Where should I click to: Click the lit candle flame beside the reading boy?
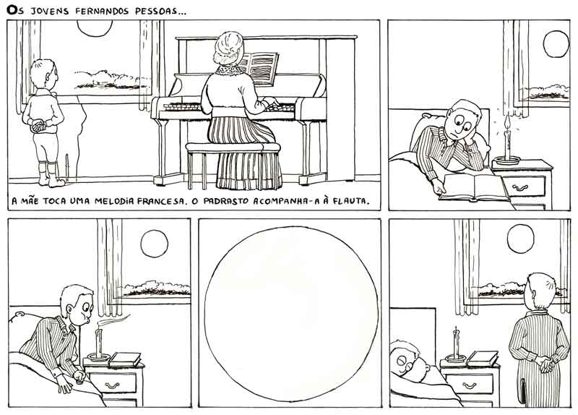click(x=508, y=121)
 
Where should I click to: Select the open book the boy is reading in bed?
click(x=474, y=187)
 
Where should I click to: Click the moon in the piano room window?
click(x=95, y=28)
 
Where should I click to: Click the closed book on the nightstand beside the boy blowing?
click(x=124, y=359)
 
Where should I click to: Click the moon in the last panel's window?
click(x=520, y=239)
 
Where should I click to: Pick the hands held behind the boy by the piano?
click(x=39, y=126)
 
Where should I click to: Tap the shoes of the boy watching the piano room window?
click(x=51, y=181)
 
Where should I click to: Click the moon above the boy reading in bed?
click(x=556, y=44)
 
